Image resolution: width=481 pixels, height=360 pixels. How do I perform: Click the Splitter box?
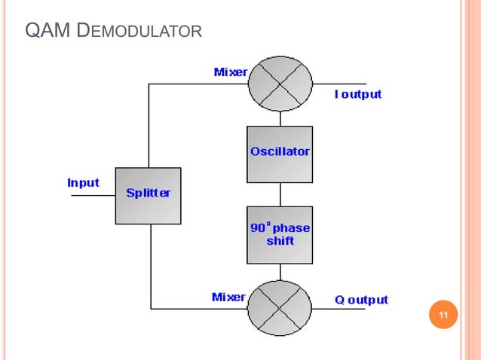[148, 195]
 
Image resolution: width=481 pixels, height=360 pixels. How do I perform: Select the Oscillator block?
[280, 154]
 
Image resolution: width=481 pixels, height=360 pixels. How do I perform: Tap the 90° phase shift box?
[280, 234]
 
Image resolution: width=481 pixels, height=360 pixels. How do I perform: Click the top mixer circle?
[280, 84]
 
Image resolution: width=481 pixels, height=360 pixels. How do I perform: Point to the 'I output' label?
[358, 94]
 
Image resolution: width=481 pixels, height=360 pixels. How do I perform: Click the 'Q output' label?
[361, 300]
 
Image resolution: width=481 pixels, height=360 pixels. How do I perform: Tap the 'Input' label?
[83, 182]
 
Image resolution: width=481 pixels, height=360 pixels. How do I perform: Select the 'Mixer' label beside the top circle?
[231, 72]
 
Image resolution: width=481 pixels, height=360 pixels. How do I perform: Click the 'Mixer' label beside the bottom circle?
[228, 297]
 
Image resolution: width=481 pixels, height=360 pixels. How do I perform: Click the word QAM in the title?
[48, 31]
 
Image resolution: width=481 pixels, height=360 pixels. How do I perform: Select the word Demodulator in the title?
[139, 32]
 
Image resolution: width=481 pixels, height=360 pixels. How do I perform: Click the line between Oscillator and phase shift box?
[280, 194]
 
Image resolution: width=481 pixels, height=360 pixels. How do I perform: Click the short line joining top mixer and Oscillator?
[280, 117]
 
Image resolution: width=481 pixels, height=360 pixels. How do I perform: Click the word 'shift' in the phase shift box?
[280, 241]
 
